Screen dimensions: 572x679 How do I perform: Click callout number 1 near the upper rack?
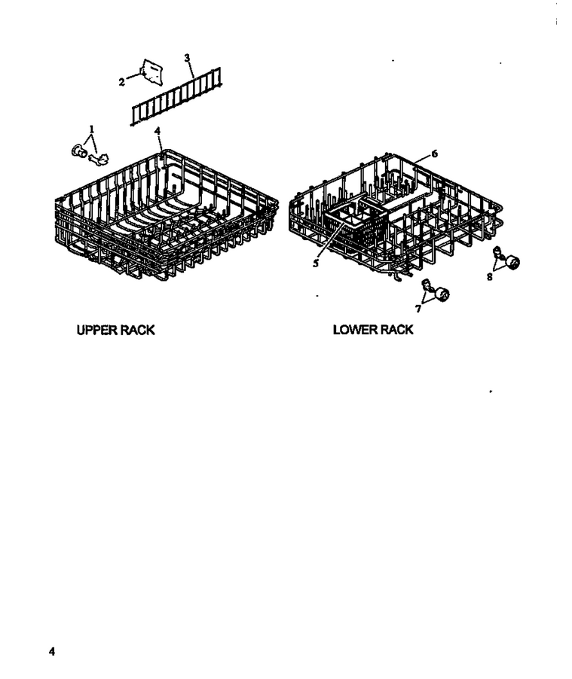click(91, 129)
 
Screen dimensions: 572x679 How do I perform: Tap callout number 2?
click(122, 81)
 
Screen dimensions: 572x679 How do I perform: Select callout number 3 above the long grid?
click(187, 58)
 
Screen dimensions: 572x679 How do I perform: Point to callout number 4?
click(158, 130)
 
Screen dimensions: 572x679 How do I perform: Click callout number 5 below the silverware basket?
click(316, 263)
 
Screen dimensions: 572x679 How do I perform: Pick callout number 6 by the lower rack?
click(435, 154)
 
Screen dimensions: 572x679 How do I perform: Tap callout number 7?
click(418, 309)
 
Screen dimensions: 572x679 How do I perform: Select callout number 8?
click(490, 276)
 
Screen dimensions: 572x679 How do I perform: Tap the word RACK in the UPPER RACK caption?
click(137, 330)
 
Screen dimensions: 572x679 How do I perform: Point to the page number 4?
click(52, 651)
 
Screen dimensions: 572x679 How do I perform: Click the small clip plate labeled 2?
click(151, 72)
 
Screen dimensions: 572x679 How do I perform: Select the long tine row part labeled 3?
click(176, 96)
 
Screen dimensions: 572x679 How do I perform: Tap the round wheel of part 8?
click(512, 263)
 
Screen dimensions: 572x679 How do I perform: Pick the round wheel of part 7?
click(442, 294)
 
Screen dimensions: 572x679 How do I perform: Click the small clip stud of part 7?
click(427, 285)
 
